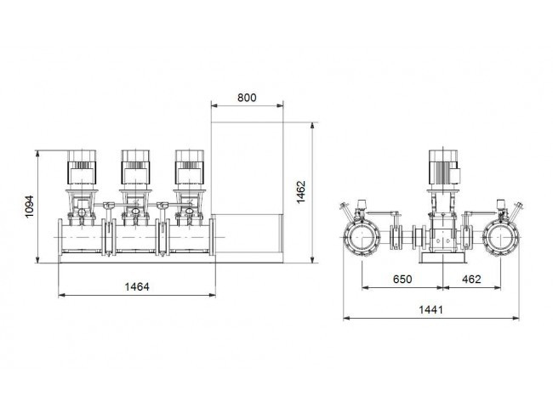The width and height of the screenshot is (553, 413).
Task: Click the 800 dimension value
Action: tap(247, 98)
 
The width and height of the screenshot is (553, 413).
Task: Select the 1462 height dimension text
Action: tap(301, 192)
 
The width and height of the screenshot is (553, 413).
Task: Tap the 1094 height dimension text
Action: tap(30, 206)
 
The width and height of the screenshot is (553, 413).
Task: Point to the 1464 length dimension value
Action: tap(137, 287)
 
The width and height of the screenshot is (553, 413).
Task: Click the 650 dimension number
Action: tap(402, 279)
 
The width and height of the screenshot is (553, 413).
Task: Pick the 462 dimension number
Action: tap(471, 279)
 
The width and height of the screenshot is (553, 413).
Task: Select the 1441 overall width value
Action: tap(430, 309)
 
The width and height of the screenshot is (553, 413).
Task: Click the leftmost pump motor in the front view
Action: tap(82, 167)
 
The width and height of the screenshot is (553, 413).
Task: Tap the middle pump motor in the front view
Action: tap(135, 167)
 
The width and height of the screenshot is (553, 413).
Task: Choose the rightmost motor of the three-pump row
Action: tap(190, 167)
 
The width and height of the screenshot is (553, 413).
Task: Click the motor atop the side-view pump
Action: tap(443, 167)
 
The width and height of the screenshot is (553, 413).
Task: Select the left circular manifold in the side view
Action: tap(362, 237)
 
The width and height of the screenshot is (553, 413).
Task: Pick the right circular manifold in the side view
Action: tap(501, 237)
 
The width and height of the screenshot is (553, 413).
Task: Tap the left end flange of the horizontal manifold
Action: tap(60, 236)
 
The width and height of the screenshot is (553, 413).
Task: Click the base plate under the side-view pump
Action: tap(443, 258)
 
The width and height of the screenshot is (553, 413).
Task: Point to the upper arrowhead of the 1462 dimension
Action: tap(312, 126)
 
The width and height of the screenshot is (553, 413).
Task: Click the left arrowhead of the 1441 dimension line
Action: tap(346, 318)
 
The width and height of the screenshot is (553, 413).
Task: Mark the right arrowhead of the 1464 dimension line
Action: tap(212, 295)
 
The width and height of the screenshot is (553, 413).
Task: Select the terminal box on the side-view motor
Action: tap(456, 176)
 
